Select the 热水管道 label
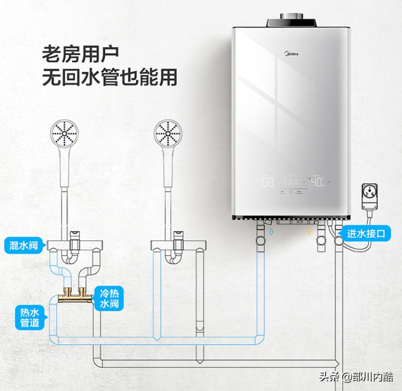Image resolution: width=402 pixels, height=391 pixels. point(30,317)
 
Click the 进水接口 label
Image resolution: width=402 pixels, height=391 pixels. point(369,234)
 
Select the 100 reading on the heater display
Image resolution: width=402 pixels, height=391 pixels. point(266,182)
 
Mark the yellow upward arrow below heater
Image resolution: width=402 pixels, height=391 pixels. point(309,233)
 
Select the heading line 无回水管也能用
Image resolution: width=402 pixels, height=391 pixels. point(109,77)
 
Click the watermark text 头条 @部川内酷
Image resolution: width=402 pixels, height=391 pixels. point(356,377)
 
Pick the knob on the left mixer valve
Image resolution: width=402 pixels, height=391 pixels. point(75,235)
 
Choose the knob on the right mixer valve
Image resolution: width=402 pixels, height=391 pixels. point(179,235)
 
